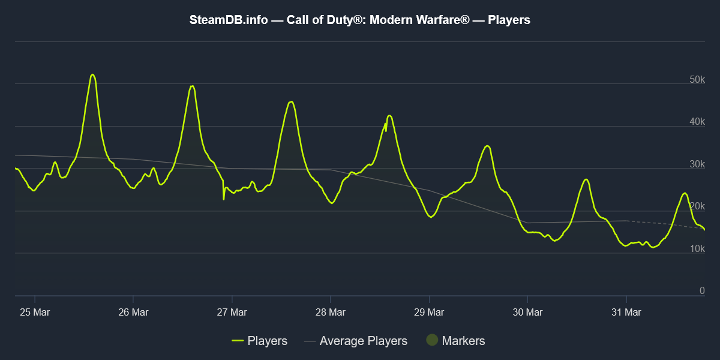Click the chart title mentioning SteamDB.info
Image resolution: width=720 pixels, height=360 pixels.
[360, 20]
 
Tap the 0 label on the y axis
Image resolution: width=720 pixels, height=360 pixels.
[702, 291]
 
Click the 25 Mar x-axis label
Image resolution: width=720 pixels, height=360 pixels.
[34, 312]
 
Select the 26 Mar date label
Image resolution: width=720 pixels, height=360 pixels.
[133, 312]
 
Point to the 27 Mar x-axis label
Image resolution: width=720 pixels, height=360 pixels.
[232, 312]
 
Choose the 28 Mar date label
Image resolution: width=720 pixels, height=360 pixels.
[330, 312]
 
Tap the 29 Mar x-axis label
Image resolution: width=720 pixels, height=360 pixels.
[429, 312]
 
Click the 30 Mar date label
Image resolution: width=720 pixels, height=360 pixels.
[527, 312]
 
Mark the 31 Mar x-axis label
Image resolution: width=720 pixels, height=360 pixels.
[626, 312]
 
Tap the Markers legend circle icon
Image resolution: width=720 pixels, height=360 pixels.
[432, 341]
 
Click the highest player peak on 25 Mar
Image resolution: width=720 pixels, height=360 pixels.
[92, 74]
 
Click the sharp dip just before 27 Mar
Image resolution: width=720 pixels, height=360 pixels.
[224, 199]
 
